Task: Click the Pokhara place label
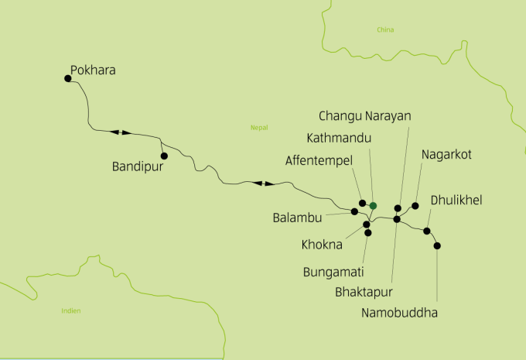pyautogui.click(x=93, y=70)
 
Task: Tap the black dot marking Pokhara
pyautogui.click(x=68, y=77)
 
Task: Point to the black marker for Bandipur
pyautogui.click(x=163, y=156)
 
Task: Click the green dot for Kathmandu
pyautogui.click(x=373, y=205)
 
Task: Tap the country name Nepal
pyautogui.click(x=258, y=128)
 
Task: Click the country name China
pyautogui.click(x=385, y=30)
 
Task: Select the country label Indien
pyautogui.click(x=70, y=310)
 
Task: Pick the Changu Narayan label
pyautogui.click(x=364, y=115)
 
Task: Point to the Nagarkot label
pyautogui.click(x=446, y=155)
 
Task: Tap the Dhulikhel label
pyautogui.click(x=456, y=200)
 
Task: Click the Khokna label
pyautogui.click(x=322, y=245)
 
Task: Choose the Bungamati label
pyautogui.click(x=333, y=272)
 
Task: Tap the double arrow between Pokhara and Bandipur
pyautogui.click(x=121, y=132)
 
